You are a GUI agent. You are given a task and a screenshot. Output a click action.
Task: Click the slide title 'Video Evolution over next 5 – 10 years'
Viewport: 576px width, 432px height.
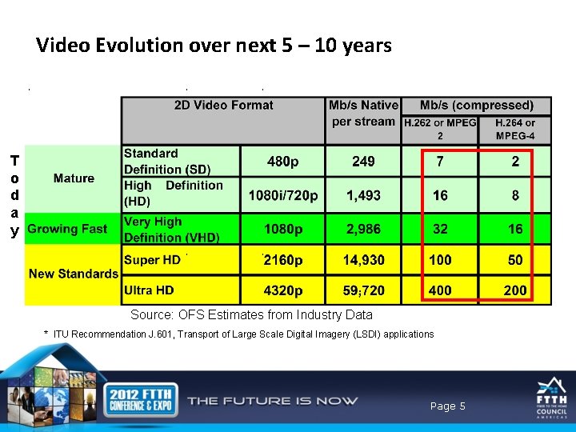pyautogui.click(x=214, y=46)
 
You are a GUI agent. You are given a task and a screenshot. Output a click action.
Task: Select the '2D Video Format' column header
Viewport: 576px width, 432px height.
pyautogui.click(x=223, y=106)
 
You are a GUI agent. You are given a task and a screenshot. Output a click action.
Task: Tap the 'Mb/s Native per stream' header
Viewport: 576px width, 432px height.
pyautogui.click(x=363, y=113)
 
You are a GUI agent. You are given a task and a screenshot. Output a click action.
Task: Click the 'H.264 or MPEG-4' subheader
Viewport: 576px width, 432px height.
pyautogui.click(x=514, y=129)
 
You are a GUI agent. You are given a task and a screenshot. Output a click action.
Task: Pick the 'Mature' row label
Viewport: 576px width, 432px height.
pyautogui.click(x=74, y=178)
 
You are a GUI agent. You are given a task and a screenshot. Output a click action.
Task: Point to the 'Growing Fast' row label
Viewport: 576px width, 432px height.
pyautogui.click(x=67, y=229)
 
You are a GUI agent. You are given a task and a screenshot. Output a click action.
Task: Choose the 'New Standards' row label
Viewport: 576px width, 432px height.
pyautogui.click(x=73, y=274)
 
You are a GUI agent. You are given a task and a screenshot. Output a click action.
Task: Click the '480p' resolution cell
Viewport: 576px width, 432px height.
pyautogui.click(x=283, y=162)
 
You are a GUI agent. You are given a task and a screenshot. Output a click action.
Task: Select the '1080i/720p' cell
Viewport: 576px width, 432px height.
pyautogui.click(x=283, y=195)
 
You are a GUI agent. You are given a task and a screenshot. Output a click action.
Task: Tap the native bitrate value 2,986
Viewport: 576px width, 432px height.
pyautogui.click(x=363, y=229)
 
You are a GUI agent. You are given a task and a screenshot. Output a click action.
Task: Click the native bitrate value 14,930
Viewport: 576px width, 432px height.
pyautogui.click(x=363, y=260)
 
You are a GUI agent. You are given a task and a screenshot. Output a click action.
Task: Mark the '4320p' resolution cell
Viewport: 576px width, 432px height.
pyautogui.click(x=283, y=290)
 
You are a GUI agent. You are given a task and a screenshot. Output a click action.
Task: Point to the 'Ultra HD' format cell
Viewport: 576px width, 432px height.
pyautogui.click(x=149, y=290)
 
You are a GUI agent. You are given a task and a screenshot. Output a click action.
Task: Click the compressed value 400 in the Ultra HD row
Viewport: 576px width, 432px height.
pyautogui.click(x=440, y=290)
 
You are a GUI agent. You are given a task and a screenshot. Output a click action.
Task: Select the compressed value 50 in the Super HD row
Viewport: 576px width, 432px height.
pyautogui.click(x=515, y=260)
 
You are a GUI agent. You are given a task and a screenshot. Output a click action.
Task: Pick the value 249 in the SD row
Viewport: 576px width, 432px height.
pyautogui.click(x=363, y=162)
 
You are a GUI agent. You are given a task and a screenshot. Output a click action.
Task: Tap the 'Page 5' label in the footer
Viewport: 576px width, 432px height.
pyautogui.click(x=447, y=406)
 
